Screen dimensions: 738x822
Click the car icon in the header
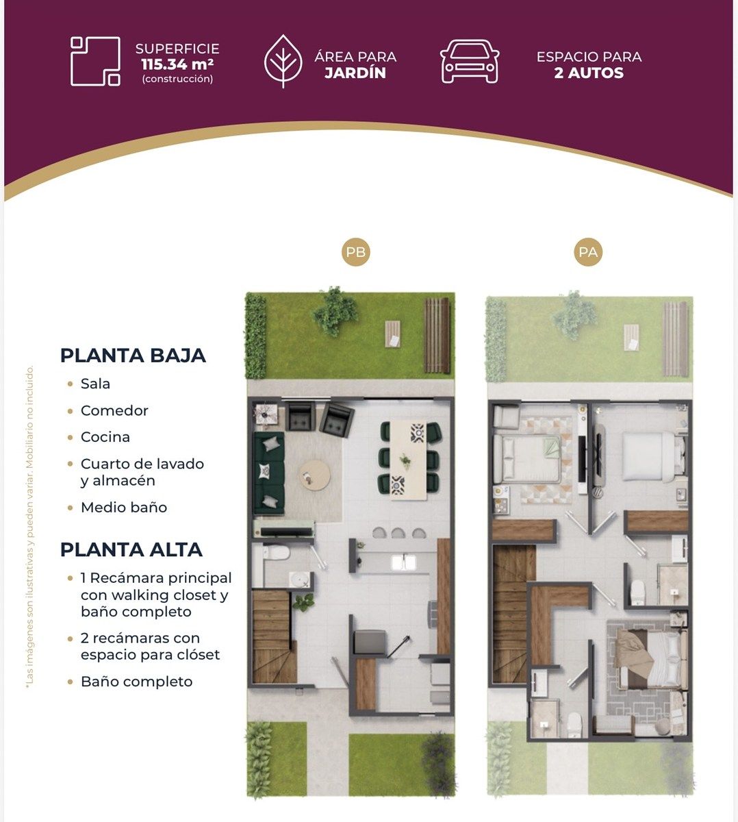point(470,61)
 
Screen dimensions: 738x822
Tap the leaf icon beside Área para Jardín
point(283,61)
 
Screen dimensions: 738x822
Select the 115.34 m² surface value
point(177,64)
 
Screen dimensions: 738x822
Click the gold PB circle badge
point(355,252)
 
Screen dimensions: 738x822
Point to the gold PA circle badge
point(588,252)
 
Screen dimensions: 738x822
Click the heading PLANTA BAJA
point(133,356)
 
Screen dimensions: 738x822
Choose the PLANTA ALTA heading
point(131,550)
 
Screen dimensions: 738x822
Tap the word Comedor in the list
point(114,410)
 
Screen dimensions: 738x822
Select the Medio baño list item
point(124,507)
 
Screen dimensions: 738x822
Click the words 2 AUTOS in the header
point(589,73)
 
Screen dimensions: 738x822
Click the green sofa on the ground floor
point(268,473)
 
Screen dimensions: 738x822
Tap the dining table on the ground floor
point(408,460)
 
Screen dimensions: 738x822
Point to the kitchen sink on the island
point(403,562)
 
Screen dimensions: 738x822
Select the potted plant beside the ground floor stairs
point(303,603)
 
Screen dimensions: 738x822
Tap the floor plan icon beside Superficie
point(95,61)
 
